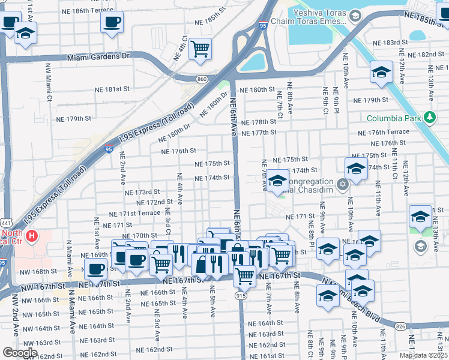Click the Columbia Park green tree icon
coord(429,118)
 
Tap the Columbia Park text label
coord(394,118)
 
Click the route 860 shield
coord(203,79)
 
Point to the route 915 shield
coord(241,295)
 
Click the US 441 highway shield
coord(5,223)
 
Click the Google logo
coord(20,352)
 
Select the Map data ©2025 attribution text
coord(423,355)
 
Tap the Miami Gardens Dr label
coord(101,56)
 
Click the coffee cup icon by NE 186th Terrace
coord(112,23)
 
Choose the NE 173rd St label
coord(142,193)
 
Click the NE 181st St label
coord(112,89)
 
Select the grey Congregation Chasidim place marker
coord(342,184)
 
